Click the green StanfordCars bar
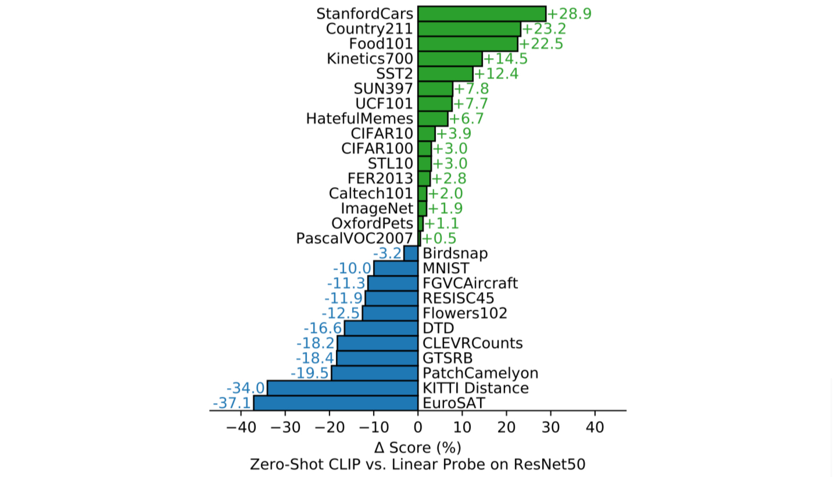482,14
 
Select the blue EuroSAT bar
336,403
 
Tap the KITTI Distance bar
343,388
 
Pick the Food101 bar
467,44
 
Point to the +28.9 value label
569,14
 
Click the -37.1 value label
232,403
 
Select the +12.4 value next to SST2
496,74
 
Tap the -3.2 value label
387,253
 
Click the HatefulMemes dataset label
359,119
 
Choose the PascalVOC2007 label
354,238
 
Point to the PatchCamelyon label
480,373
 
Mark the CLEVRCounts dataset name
472,343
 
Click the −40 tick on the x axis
241,428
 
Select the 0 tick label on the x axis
418,428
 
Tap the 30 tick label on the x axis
551,428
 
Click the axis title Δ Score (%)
418,447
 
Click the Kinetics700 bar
450,59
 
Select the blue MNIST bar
396,268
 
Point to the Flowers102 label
465,313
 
